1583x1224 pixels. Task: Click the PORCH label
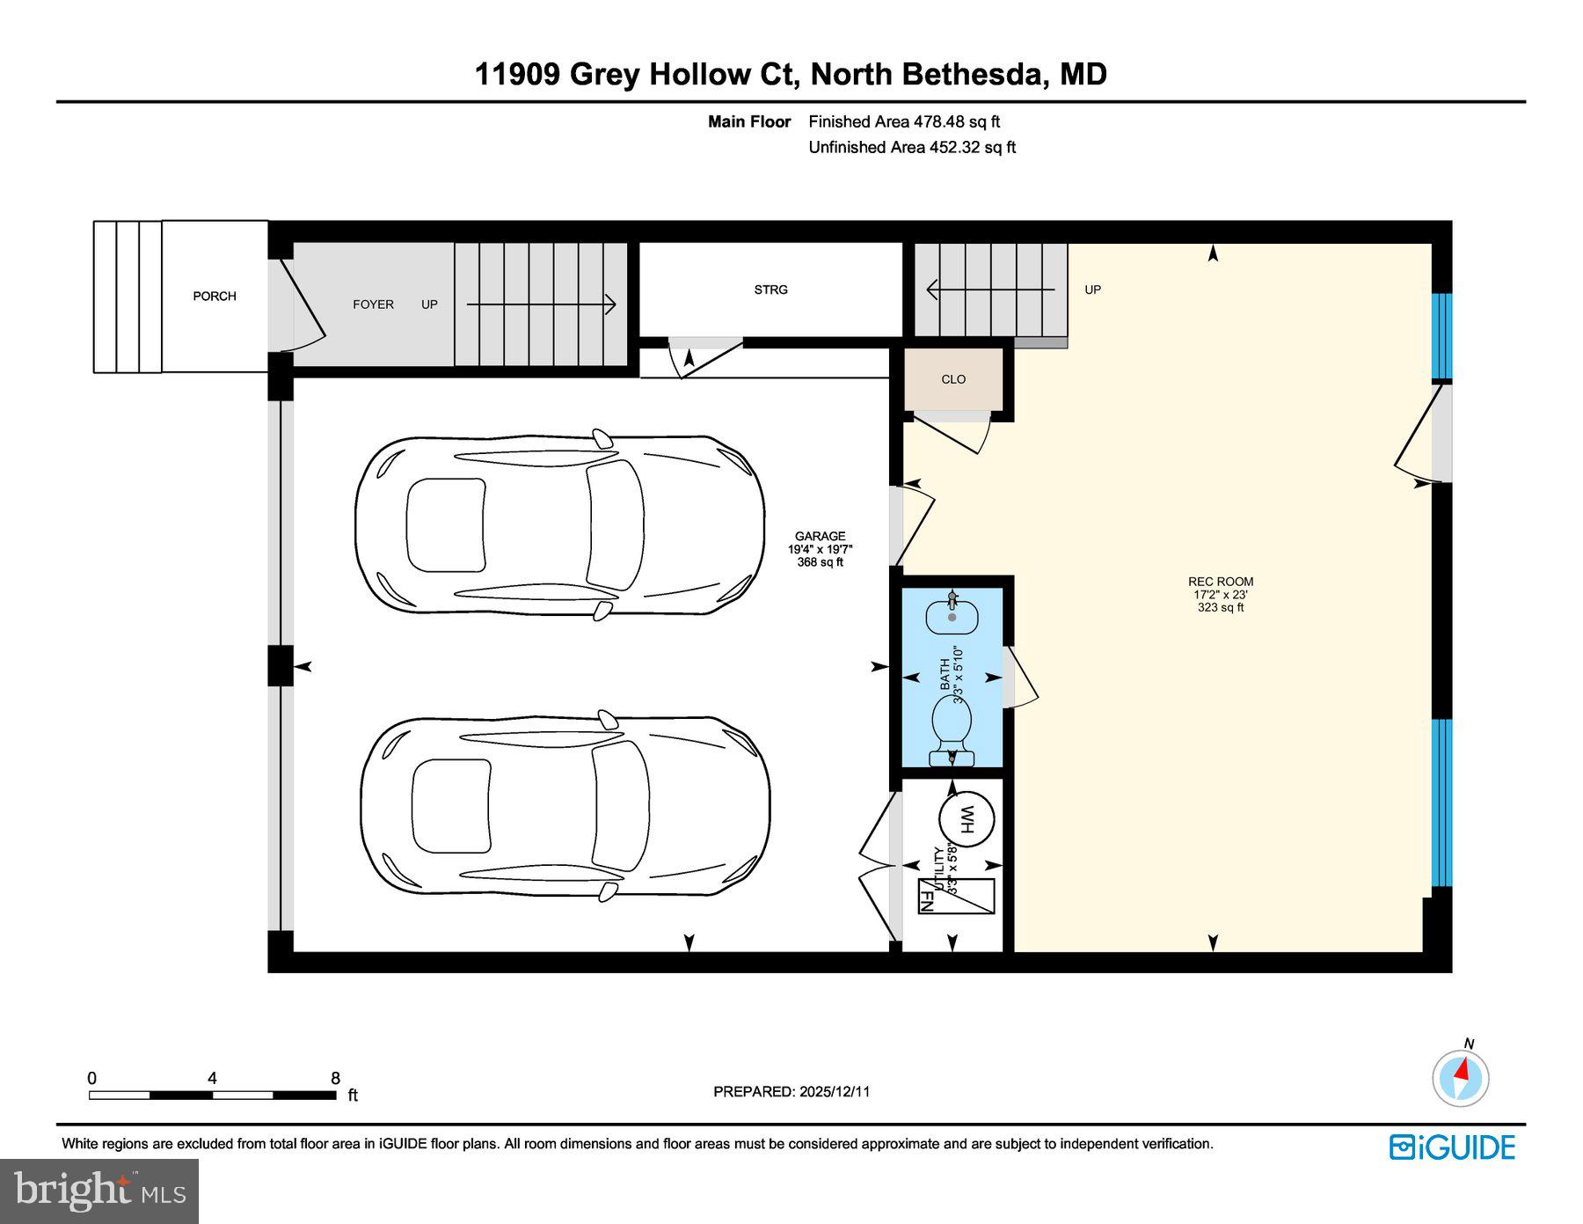pyautogui.click(x=215, y=297)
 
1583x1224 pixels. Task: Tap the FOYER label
pyautogui.click(x=373, y=304)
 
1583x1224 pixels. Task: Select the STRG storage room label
pyautogui.click(x=770, y=290)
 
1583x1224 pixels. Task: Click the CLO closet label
pyautogui.click(x=953, y=379)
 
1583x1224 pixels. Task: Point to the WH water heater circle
pyautogui.click(x=967, y=820)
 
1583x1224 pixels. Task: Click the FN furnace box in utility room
pyautogui.click(x=956, y=896)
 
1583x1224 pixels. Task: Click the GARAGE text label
pyautogui.click(x=820, y=536)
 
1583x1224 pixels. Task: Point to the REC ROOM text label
pyautogui.click(x=1221, y=582)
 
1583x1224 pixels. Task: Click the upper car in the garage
pyautogui.click(x=560, y=525)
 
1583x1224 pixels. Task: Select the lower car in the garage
pyautogui.click(x=565, y=806)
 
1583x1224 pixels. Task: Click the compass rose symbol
pyautogui.click(x=1460, y=1077)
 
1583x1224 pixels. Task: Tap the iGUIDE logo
pyautogui.click(x=1452, y=1147)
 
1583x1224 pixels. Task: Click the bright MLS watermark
pyautogui.click(x=99, y=1191)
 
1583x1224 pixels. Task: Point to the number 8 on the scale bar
pyautogui.click(x=335, y=1079)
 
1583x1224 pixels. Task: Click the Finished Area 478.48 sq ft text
pyautogui.click(x=904, y=122)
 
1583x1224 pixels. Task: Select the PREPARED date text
pyautogui.click(x=791, y=1091)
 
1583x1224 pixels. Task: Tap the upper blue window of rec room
pyautogui.click(x=1441, y=336)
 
